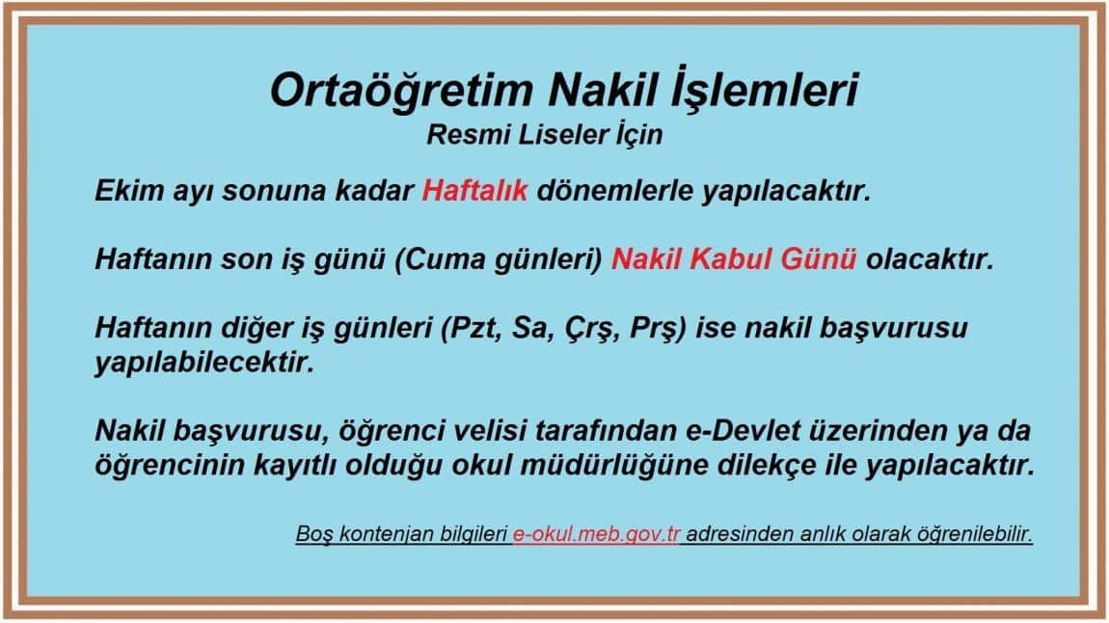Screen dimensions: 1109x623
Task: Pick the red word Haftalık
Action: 474,190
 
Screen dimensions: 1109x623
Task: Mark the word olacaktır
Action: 930,259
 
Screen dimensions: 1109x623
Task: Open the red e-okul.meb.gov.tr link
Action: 596,534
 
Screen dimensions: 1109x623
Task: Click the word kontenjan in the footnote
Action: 386,534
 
